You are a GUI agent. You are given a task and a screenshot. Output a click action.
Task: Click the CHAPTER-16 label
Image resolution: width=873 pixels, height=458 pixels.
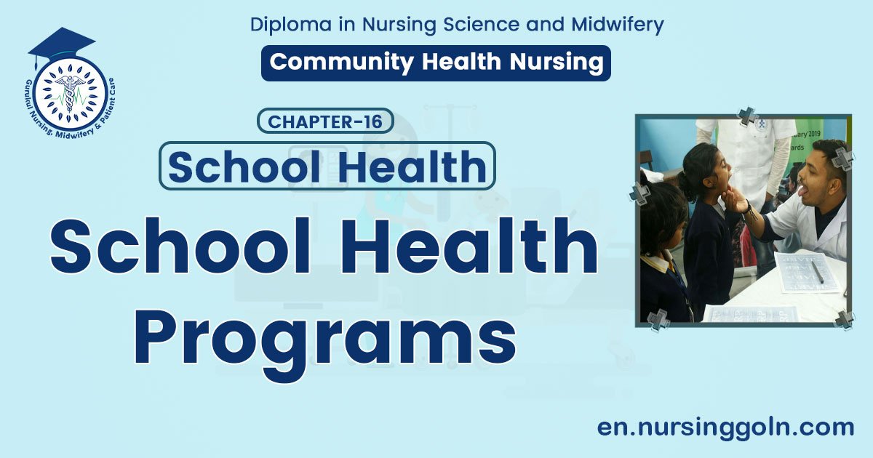click(x=325, y=121)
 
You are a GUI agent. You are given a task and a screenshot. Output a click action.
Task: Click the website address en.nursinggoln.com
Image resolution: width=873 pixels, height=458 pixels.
click(x=725, y=427)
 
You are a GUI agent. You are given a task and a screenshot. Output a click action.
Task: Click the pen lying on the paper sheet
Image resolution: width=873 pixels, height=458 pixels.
click(x=817, y=271)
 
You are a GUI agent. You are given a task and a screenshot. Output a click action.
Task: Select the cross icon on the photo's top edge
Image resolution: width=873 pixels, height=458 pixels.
click(x=747, y=115)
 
